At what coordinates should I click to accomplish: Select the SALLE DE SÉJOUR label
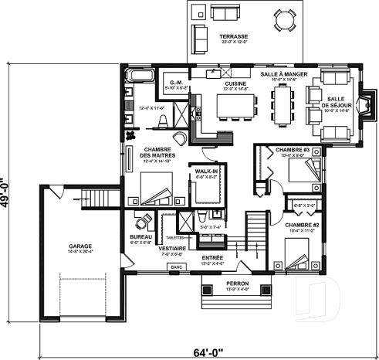(337, 102)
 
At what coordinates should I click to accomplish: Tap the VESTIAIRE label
(171, 249)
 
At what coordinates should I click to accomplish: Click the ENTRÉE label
(212, 257)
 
